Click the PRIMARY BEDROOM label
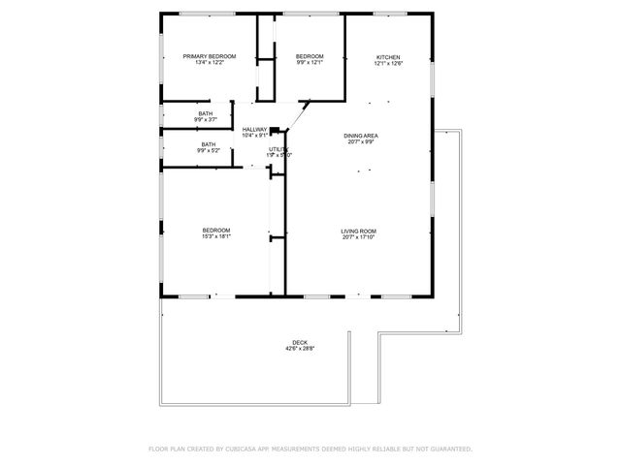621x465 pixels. pos(210,57)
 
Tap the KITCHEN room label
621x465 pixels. pos(388,57)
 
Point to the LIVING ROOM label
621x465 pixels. pos(358,231)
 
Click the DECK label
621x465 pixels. pos(300,342)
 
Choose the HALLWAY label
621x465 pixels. pos(254,130)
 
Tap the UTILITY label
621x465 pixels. pos(278,148)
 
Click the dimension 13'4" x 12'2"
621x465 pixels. pos(210,64)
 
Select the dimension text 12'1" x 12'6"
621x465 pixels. pos(388,64)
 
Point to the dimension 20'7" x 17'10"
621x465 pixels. pos(358,237)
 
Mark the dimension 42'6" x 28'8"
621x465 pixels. pos(300,349)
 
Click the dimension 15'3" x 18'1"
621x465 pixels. pos(215,237)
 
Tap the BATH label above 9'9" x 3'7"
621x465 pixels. pos(206,113)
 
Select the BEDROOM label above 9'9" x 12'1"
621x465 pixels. pos(309,57)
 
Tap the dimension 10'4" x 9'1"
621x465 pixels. pos(254,136)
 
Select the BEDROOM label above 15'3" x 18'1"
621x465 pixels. pos(215,231)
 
